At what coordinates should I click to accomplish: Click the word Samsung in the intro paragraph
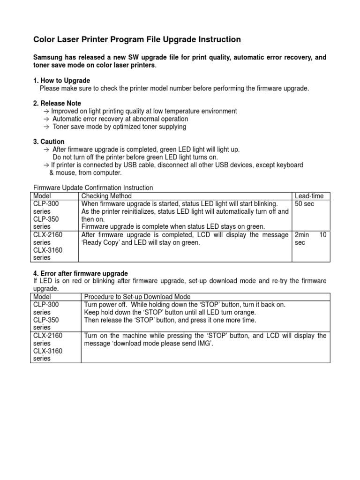(x=47, y=57)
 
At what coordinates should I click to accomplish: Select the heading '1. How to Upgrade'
(x=61, y=81)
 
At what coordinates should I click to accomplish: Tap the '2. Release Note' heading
(x=57, y=103)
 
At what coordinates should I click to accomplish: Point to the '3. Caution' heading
(x=49, y=142)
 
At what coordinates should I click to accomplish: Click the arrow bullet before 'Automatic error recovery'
(x=45, y=119)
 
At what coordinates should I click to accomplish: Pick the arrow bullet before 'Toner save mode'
(x=45, y=127)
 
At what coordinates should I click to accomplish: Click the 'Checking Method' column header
(x=106, y=196)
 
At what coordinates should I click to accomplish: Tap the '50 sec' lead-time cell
(x=304, y=204)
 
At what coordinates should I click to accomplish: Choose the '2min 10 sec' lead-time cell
(x=310, y=239)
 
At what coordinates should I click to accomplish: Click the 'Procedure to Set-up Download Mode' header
(x=137, y=297)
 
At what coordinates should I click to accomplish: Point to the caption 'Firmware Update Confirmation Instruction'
(x=93, y=188)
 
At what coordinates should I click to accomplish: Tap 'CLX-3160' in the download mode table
(x=47, y=351)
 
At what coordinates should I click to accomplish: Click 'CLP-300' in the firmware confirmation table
(x=46, y=204)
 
